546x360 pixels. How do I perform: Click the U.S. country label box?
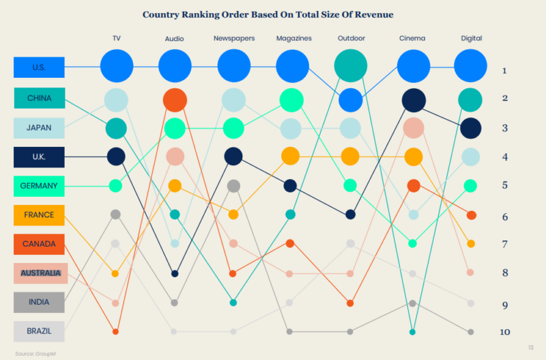click(x=39, y=67)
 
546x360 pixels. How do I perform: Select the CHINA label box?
click(x=39, y=98)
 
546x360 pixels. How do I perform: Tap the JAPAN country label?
click(x=39, y=128)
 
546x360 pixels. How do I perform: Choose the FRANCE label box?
click(x=39, y=215)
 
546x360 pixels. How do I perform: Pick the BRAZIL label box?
click(x=39, y=331)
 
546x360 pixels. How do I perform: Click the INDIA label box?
click(x=39, y=302)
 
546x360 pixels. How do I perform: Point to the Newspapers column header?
click(x=233, y=38)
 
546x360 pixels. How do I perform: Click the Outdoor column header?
click(x=351, y=38)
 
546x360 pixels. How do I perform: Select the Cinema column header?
click(x=412, y=38)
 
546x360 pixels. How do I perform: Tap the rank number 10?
click(x=504, y=332)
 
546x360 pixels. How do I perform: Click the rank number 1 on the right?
click(x=504, y=70)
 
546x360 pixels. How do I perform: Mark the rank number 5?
click(x=504, y=185)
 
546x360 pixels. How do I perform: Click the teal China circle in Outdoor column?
click(x=351, y=66)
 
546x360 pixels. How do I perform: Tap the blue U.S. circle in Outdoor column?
click(x=351, y=100)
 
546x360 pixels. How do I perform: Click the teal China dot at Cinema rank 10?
click(x=413, y=332)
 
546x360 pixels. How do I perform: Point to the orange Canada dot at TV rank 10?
click(x=115, y=331)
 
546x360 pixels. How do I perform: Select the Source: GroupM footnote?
click(x=34, y=353)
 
